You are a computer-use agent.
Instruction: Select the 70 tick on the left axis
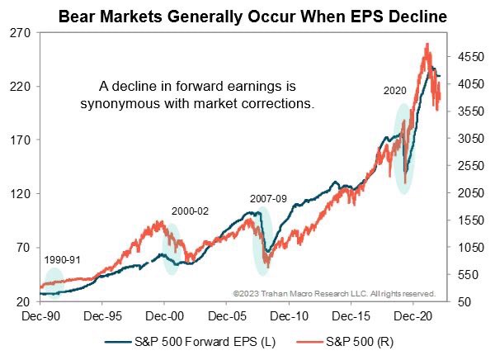pos(21,248)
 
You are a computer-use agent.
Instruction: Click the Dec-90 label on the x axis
pos(41,315)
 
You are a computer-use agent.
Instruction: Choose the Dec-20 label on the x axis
pos(413,315)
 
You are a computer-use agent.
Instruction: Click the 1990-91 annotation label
pos(63,259)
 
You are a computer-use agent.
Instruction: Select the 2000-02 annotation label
pos(190,211)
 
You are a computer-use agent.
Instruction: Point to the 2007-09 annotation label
pos(269,198)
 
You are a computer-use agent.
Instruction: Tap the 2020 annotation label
pos(395,92)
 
